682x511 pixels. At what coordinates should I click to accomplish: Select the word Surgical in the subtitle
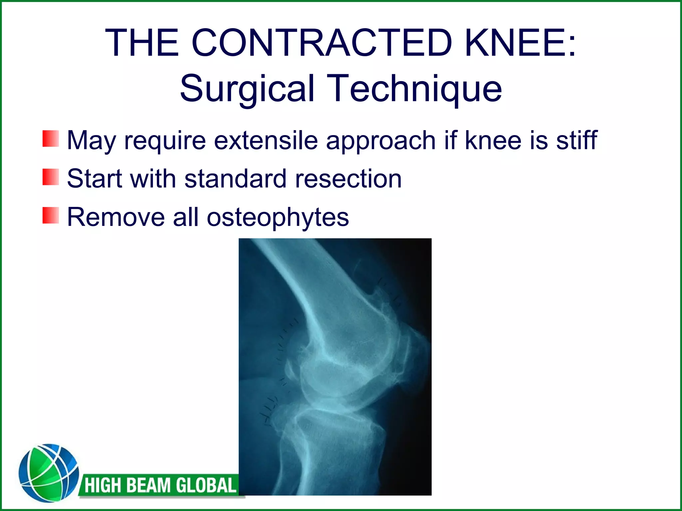(247, 88)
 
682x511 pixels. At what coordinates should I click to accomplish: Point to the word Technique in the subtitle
(414, 88)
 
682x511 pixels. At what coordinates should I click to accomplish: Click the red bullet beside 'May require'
(51, 139)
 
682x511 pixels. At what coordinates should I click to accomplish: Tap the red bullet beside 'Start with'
(51, 177)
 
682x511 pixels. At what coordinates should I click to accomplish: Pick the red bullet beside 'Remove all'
(51, 215)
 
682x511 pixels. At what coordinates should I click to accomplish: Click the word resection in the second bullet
(348, 179)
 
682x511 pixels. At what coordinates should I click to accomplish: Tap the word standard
(235, 179)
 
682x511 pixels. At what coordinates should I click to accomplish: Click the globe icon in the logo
(49, 473)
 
